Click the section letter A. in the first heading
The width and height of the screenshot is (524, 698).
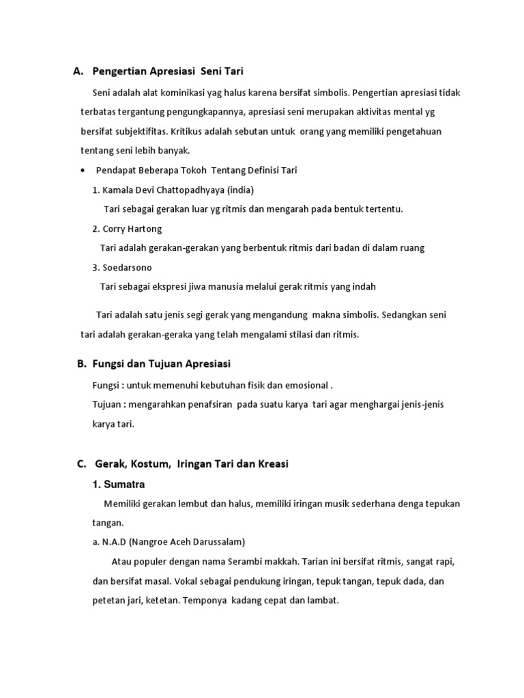click(x=78, y=71)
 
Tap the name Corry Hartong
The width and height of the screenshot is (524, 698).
click(x=132, y=229)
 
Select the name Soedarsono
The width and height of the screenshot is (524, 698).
click(x=128, y=267)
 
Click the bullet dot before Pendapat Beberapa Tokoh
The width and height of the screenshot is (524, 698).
click(x=83, y=170)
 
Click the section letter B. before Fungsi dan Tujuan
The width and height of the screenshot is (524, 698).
click(x=82, y=365)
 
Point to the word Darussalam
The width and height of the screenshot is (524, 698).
click(x=216, y=542)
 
